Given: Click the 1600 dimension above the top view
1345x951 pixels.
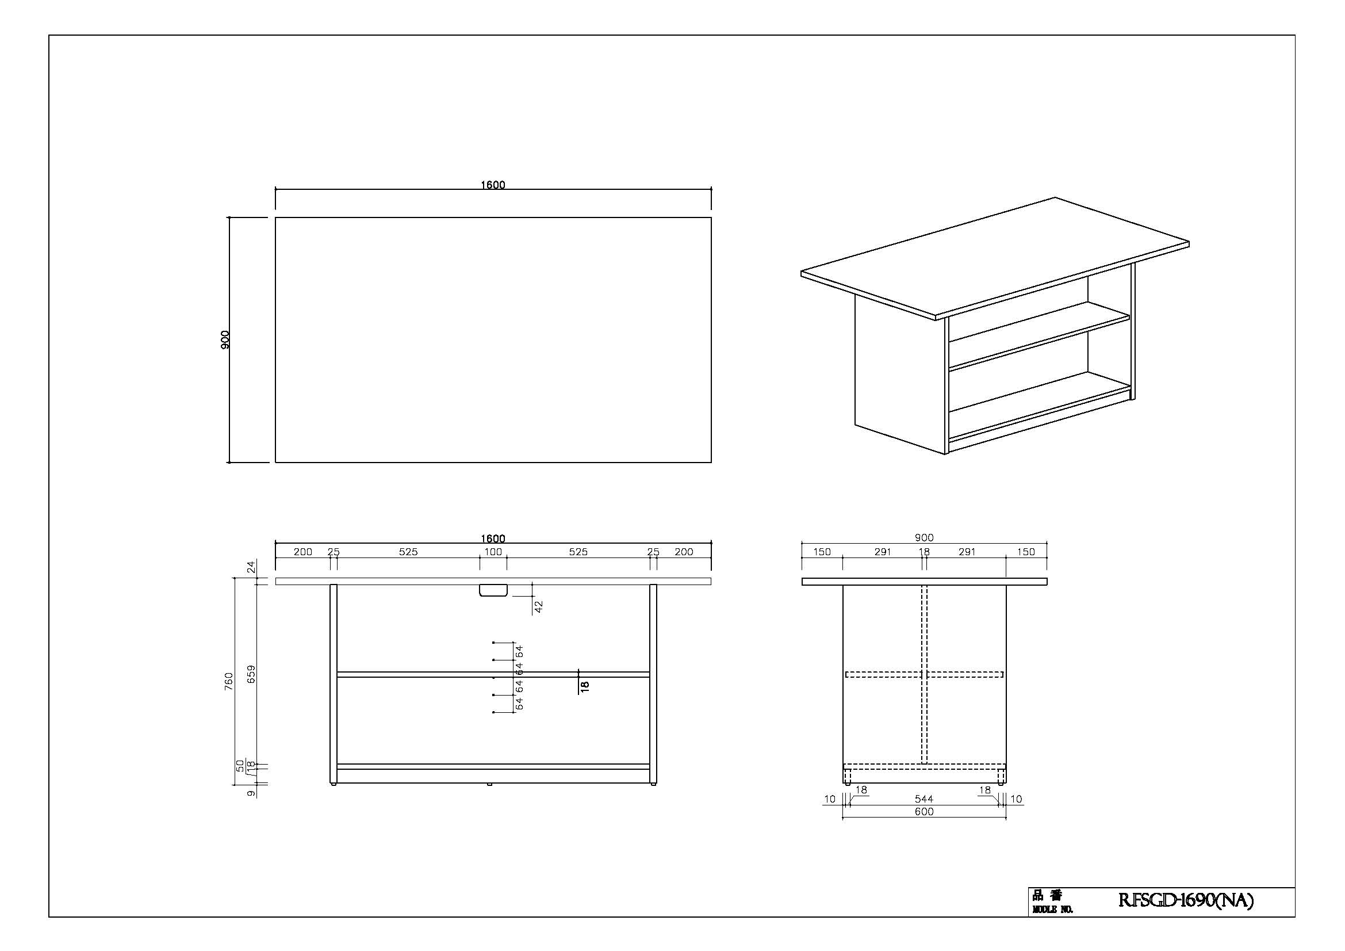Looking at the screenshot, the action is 493,185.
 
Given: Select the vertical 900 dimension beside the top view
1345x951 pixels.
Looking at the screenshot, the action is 225,340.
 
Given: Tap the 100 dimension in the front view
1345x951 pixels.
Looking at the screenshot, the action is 493,552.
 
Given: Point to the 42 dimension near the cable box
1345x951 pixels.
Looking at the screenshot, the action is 539,606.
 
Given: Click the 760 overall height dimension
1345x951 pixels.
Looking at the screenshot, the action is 228,681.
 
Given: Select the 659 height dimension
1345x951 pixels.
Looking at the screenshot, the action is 251,674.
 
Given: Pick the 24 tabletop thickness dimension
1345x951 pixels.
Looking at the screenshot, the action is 251,567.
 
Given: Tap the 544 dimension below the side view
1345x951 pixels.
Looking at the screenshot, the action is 924,799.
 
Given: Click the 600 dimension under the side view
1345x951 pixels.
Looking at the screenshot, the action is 924,812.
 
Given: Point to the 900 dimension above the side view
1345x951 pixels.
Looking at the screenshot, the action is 924,538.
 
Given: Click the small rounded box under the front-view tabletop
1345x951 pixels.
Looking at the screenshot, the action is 493,590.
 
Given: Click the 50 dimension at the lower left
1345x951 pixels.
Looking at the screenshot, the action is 240,765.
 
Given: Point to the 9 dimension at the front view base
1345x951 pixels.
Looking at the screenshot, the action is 251,793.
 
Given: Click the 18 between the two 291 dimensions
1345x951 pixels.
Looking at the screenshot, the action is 925,552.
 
